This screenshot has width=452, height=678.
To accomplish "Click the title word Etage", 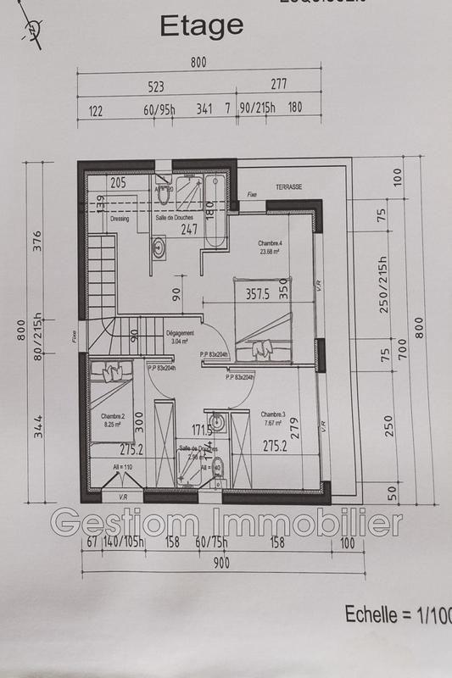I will coord(202,27).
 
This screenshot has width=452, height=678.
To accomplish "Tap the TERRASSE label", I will coord(288,186).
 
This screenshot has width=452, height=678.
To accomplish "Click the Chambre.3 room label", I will coord(273,414).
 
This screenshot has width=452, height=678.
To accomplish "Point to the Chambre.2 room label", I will coord(113,416).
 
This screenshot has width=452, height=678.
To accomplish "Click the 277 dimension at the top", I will coord(279,84).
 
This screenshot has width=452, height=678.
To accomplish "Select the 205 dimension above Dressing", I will coord(118,183).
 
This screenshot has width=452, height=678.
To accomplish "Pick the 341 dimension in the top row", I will coord(204,109).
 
